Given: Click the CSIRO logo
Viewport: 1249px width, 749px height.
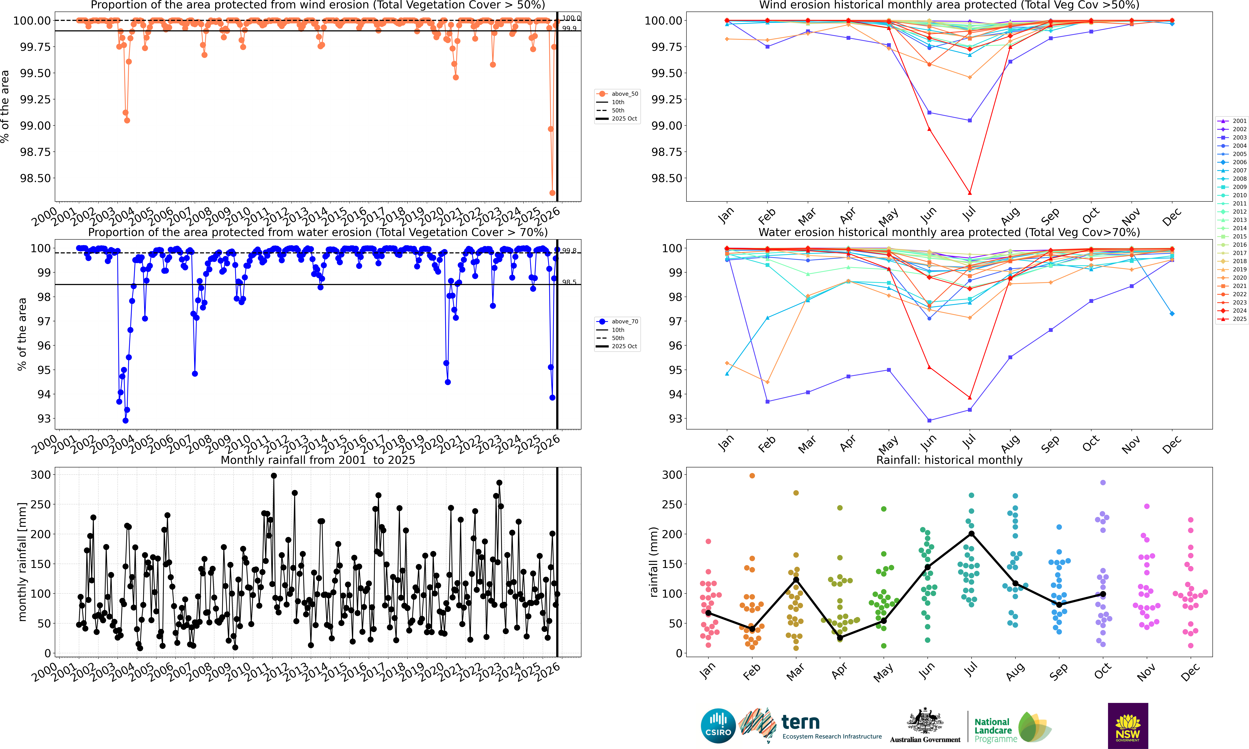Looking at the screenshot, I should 718,726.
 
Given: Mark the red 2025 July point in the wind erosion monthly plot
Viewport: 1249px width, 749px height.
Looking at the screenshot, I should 970,193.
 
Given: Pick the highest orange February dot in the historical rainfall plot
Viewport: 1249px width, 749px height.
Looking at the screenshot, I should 752,476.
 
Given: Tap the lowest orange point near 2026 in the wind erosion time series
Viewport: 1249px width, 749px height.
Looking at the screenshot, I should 552,193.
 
